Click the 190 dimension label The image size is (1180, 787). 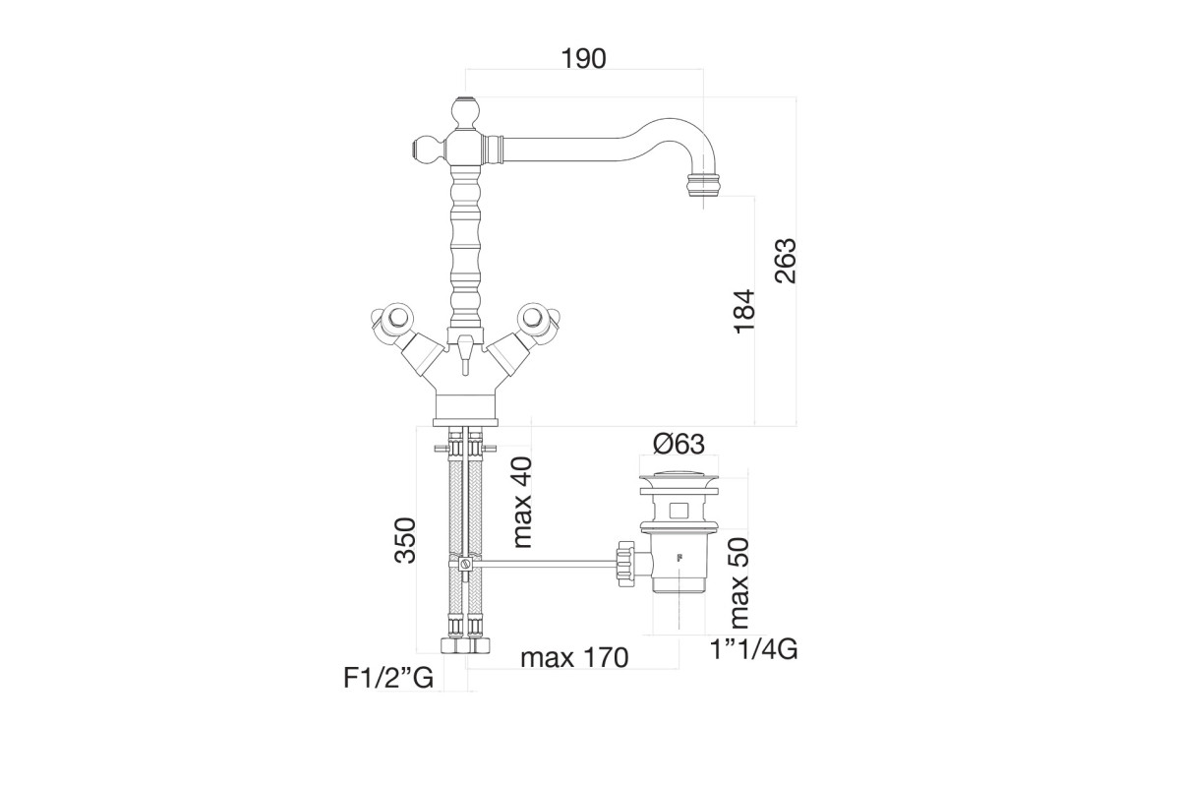pos(583,59)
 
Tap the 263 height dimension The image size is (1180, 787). pos(785,261)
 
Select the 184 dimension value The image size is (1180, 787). pos(744,311)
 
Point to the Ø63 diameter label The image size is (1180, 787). pos(678,444)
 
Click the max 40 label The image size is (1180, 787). pos(521,503)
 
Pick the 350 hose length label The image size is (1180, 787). pos(405,540)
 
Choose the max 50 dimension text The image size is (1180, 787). pos(737,583)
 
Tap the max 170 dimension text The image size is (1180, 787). pos(574,657)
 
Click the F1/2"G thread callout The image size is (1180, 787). pos(388,678)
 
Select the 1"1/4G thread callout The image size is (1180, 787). pos(754,649)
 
